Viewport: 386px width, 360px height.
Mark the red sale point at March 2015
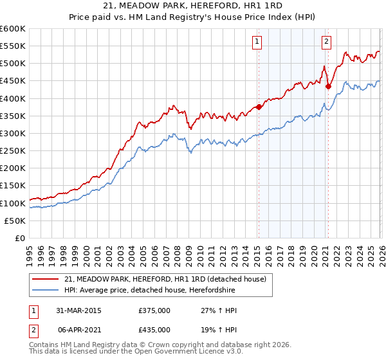tap(259, 107)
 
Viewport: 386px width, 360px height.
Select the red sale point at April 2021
tap(328, 86)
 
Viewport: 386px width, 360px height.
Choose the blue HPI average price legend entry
tap(150, 291)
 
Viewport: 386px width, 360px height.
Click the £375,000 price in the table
tap(154, 310)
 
